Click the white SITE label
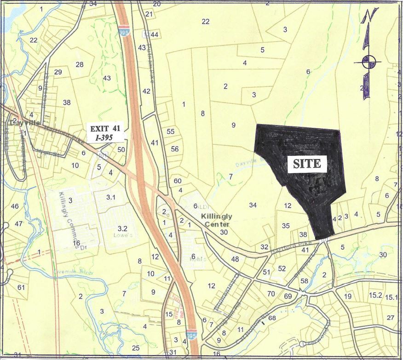tap(307, 164)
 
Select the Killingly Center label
tap(216, 220)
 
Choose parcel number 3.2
tap(122, 228)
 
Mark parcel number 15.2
tap(376, 296)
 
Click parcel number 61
tap(21, 287)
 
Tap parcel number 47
tap(18, 223)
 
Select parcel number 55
tap(171, 131)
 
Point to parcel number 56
tap(174, 149)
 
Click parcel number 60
tap(178, 181)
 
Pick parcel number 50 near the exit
tap(121, 149)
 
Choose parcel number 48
tap(235, 259)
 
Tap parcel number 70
tap(271, 294)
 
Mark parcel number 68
tap(271, 318)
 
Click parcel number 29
tap(58, 72)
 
